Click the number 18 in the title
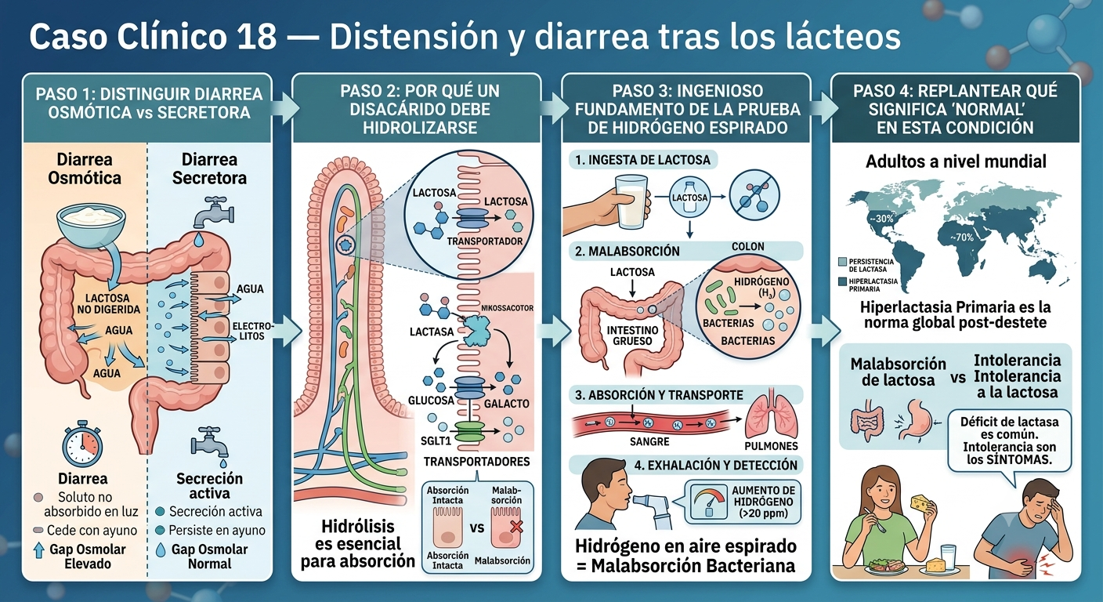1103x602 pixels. click(x=256, y=36)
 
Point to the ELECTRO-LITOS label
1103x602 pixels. click(x=252, y=331)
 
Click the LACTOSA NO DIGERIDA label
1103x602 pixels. click(x=108, y=303)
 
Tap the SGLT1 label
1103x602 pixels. click(x=436, y=441)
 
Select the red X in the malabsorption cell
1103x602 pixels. click(x=516, y=527)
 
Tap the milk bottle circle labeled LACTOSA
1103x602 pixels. click(x=689, y=198)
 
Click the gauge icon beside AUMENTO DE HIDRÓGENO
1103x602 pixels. click(x=709, y=502)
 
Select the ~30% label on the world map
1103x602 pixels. click(x=881, y=218)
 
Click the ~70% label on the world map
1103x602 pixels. click(x=962, y=237)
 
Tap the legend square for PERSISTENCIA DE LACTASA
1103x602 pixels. click(x=842, y=262)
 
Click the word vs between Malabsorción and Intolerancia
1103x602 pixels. click(x=958, y=379)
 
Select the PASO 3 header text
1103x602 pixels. click(x=687, y=110)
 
